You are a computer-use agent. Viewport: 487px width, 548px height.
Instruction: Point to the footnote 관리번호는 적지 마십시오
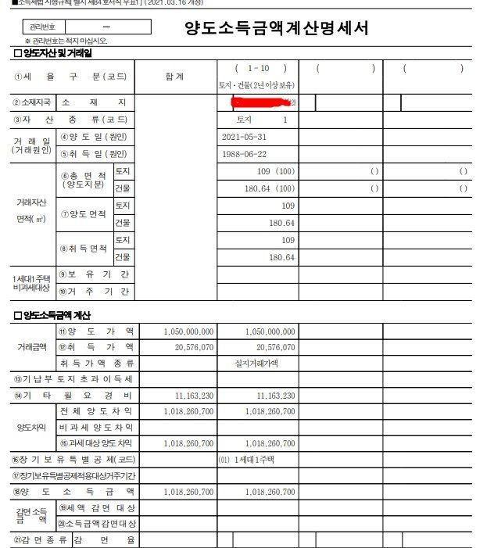pyautogui.click(x=66, y=41)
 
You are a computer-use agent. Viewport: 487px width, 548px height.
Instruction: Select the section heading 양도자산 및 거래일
pyautogui.click(x=53, y=54)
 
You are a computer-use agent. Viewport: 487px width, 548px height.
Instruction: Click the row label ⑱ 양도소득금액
pyautogui.click(x=74, y=492)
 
